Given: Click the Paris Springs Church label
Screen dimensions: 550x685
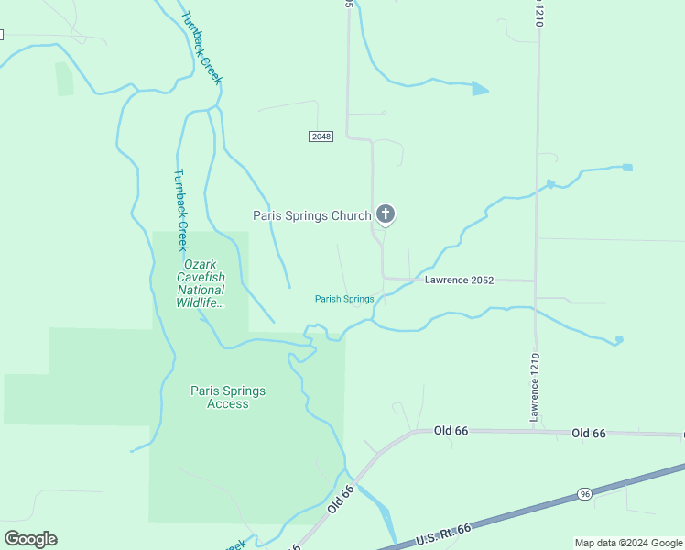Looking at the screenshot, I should pos(311,216).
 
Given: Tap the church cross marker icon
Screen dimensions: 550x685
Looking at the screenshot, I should pos(386,215).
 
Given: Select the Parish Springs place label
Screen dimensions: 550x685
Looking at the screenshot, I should pos(344,299).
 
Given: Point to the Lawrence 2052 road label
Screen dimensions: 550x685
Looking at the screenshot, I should pos(459,279).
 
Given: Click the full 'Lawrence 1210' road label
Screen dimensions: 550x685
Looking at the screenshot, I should pos(535,388).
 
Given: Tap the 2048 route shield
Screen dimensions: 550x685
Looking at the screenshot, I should pos(320,137).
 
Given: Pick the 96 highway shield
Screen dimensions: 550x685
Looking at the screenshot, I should pos(584,494).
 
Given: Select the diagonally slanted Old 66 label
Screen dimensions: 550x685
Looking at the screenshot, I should pos(341,505).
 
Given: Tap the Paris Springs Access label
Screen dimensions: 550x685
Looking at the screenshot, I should pos(228,397).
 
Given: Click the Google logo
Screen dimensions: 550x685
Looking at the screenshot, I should pos(30,538).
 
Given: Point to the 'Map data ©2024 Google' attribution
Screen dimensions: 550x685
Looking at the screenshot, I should pos(628,543).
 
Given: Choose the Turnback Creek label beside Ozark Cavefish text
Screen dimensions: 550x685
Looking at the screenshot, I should pos(181,210).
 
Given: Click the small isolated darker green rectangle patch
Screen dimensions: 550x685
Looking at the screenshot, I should pos(64,79).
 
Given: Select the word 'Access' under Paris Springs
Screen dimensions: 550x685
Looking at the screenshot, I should pos(228,404).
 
